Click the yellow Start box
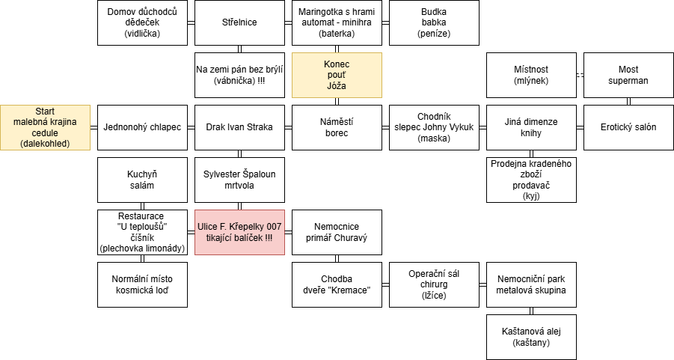click(x=45, y=127)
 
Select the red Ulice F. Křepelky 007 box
click(x=239, y=232)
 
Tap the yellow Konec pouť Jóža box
click(x=337, y=76)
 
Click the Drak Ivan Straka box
click(x=239, y=127)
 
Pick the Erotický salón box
click(x=628, y=127)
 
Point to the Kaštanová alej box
click(x=531, y=338)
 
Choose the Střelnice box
click(x=239, y=22)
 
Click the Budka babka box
click(x=434, y=22)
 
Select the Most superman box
click(x=628, y=76)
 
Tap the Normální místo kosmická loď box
click(x=142, y=284)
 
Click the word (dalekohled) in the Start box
click(x=45, y=144)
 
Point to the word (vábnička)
click(x=235, y=80)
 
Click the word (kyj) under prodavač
click(x=531, y=196)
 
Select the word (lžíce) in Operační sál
click(x=434, y=295)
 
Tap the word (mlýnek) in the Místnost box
click(x=531, y=80)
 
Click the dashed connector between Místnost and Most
click(x=580, y=76)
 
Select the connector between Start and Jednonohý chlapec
click(x=94, y=127)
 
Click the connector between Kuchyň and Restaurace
click(x=142, y=206)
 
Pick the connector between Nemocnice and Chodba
click(x=337, y=258)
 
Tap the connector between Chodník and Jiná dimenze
click(x=482, y=127)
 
